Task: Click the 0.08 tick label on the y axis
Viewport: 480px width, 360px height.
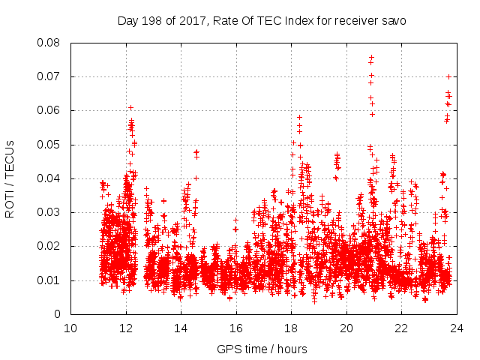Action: (50, 43)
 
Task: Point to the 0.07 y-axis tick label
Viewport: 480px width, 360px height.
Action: (50, 76)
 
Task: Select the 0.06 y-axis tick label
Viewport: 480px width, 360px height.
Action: (50, 110)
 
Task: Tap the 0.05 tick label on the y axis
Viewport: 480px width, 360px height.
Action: (50, 144)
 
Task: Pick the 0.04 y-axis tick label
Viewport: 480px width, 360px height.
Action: (50, 178)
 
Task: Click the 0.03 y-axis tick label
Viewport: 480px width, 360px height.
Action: (50, 212)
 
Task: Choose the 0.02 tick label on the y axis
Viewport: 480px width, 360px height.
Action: (50, 246)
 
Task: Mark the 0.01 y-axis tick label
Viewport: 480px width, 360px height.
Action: (50, 280)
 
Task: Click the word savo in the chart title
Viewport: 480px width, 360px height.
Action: (393, 20)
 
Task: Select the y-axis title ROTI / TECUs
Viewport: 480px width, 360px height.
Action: (10, 178)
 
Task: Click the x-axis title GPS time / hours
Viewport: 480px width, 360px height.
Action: (262, 349)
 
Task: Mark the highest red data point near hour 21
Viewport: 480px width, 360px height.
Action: (371, 57)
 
